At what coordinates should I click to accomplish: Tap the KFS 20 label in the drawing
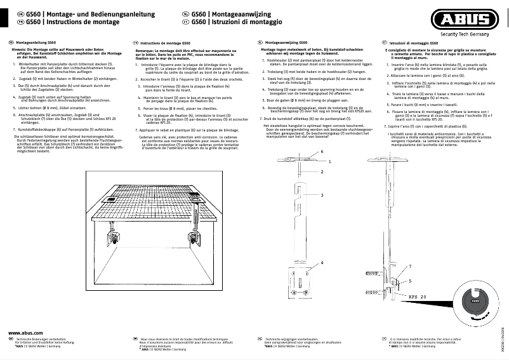tap(417, 297)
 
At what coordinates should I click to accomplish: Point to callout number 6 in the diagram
tap(322, 152)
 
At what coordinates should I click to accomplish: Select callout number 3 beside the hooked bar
tap(322, 195)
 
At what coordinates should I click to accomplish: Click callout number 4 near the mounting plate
tap(322, 262)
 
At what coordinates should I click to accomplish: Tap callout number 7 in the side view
tap(409, 267)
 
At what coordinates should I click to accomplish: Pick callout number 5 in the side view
tap(409, 280)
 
